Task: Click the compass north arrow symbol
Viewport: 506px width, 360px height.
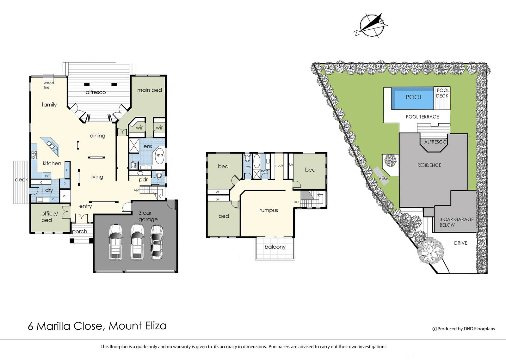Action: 370,25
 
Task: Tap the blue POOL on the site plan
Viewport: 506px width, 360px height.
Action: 412,98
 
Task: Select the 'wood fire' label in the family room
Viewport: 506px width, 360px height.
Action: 49,85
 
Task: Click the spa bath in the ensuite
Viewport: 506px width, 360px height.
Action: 160,155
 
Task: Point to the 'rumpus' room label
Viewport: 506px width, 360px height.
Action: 268,211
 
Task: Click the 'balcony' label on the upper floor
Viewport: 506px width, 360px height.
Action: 275,247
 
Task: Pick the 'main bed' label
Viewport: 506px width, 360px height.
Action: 150,90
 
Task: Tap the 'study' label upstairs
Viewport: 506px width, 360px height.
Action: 279,165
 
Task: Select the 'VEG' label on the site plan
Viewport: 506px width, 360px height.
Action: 383,178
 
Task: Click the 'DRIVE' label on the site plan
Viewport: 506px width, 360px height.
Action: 460,243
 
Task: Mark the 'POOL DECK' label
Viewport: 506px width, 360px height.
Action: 442,93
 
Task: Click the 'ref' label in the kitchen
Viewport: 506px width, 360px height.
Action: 47,175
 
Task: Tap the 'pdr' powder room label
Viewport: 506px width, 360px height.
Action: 143,180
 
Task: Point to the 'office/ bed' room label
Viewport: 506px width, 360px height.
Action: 50,217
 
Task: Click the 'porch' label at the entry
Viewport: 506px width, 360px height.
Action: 79,232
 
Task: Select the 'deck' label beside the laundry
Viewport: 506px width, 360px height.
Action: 22,180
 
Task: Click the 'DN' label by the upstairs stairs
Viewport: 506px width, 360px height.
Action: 296,202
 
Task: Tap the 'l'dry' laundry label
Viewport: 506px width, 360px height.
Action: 47,190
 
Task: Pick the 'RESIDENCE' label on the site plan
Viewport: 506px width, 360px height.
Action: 429,165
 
